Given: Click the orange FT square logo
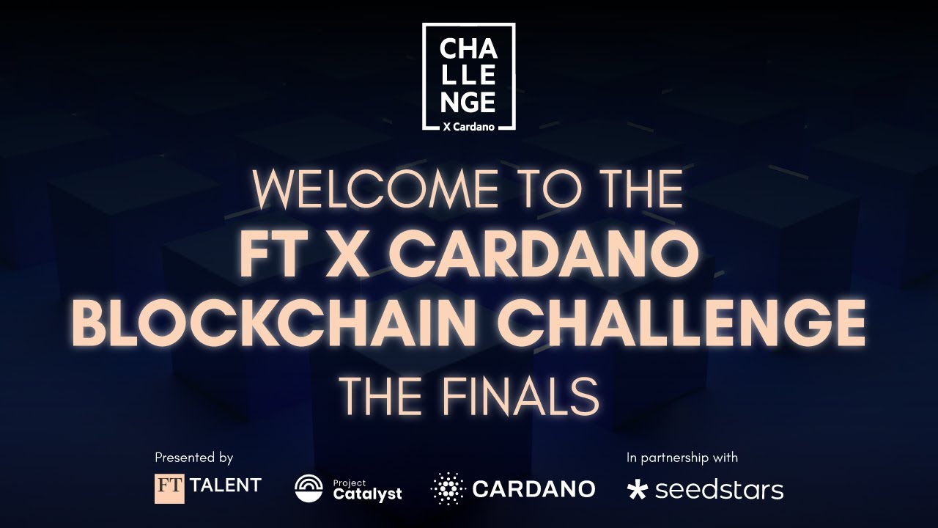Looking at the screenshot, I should coord(169,488).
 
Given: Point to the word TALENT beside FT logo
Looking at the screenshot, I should coord(226,485).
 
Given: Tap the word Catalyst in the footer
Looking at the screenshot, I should coord(368,494).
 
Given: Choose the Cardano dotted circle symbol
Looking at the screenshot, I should coord(448,488).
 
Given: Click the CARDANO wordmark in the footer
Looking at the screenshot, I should coord(534,488).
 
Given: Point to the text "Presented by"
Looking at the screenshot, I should coord(193,458).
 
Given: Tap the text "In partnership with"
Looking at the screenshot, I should coord(682,458).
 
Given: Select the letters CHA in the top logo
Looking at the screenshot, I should coord(468,51).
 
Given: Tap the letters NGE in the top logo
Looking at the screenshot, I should coord(468,100).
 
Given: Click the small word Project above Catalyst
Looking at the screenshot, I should coord(345,482).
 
